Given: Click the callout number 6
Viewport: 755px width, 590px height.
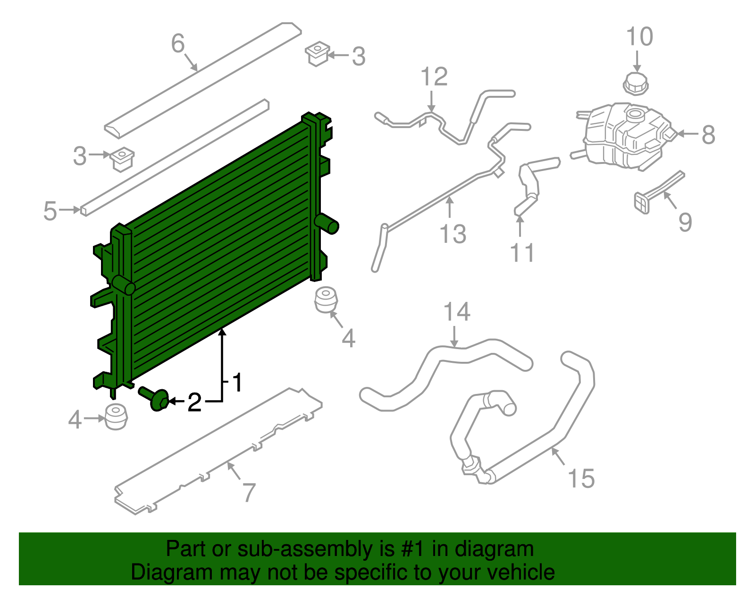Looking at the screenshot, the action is (x=178, y=43).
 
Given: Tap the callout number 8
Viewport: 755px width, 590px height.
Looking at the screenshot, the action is (x=709, y=135).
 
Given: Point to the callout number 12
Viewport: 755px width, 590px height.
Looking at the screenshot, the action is (x=434, y=77).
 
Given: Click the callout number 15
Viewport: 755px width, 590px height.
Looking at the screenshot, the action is (x=581, y=479).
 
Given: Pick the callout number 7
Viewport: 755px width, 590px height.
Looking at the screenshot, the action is (x=249, y=493).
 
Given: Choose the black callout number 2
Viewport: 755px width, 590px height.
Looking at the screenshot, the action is (x=194, y=402).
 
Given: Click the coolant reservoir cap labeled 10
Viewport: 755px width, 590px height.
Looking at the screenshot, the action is (x=636, y=84).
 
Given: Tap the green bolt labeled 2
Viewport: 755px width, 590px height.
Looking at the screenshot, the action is (x=154, y=399).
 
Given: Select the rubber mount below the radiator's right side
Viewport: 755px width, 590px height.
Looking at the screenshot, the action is (x=326, y=299).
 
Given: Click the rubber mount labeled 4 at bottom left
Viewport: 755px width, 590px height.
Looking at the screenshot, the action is (x=116, y=417).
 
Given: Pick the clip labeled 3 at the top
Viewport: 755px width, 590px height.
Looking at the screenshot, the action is (x=317, y=54).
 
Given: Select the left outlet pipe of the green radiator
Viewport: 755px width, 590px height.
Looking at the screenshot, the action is (x=123, y=285).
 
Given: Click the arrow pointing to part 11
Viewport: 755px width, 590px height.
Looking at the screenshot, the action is (x=520, y=226).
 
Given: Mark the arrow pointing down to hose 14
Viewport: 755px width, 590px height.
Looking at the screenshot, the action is (x=454, y=336).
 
